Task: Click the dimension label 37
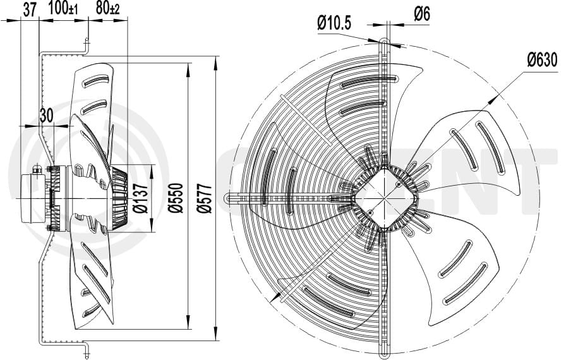(x=29, y=9)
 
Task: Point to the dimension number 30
(x=45, y=114)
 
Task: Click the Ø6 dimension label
(x=422, y=13)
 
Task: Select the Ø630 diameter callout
(x=542, y=60)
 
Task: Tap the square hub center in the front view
(x=385, y=196)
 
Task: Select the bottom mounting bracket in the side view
(x=86, y=349)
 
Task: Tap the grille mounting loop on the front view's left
(x=231, y=198)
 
